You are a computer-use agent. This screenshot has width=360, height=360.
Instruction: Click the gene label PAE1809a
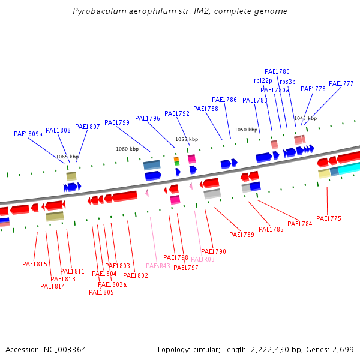(28, 134)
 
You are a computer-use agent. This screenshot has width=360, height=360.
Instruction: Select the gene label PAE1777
(341, 83)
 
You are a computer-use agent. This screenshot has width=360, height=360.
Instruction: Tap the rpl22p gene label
(263, 80)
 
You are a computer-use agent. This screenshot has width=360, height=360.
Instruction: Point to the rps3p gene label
(287, 82)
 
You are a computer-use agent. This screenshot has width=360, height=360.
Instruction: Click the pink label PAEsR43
(158, 266)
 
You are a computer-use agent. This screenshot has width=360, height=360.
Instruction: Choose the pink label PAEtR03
(202, 259)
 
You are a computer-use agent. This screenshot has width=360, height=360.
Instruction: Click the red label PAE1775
(328, 218)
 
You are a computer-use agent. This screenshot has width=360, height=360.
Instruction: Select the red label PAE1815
(35, 264)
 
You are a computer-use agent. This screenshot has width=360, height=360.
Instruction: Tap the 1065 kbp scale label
(67, 157)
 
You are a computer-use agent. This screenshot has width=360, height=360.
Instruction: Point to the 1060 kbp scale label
(127, 149)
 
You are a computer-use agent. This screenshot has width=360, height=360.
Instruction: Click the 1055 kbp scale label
(186, 139)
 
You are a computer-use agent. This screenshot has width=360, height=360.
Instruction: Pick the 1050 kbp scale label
(245, 130)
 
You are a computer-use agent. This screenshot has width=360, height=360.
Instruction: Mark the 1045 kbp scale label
(305, 118)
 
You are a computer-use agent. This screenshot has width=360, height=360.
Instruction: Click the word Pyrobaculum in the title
(96, 11)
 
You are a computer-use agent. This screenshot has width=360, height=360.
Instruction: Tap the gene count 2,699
(343, 349)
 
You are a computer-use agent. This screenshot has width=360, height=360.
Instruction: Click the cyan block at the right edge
(349, 168)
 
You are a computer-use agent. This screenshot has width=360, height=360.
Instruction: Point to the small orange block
(176, 160)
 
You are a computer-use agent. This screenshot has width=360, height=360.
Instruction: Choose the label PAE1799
(117, 122)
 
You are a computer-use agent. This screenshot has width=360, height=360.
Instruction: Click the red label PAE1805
(101, 293)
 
